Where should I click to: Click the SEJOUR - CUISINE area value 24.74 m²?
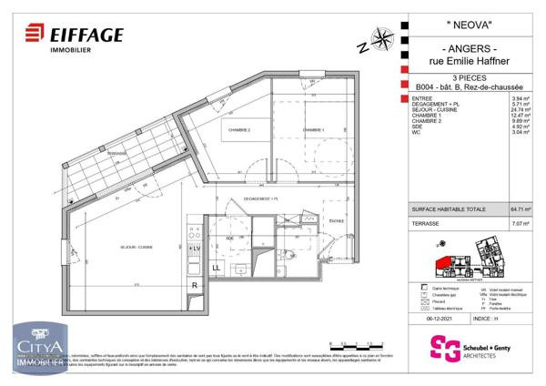(x=521, y=109)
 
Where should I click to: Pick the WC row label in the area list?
(x=416, y=133)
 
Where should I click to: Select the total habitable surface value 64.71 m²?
(x=521, y=208)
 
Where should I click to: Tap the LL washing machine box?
(x=217, y=268)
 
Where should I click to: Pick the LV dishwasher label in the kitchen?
(x=196, y=248)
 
